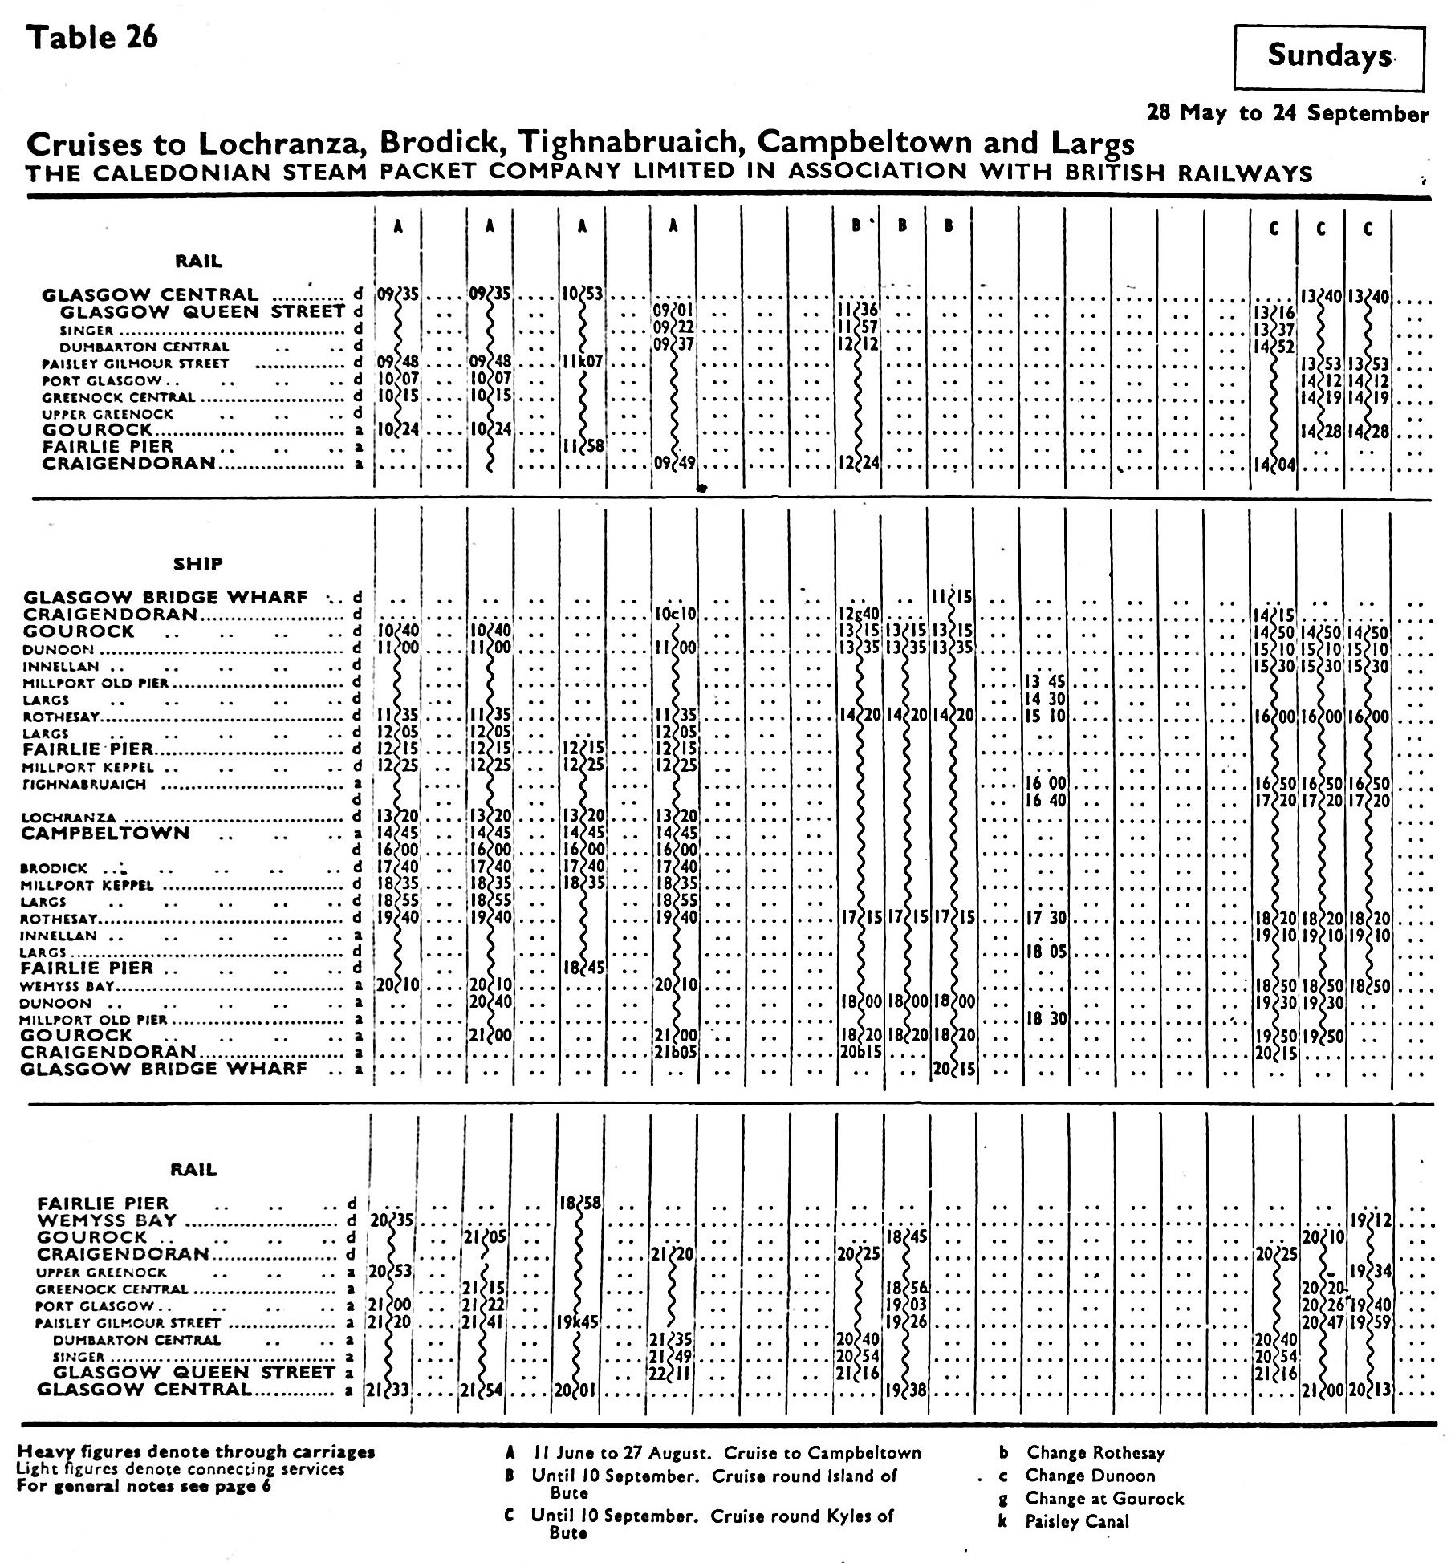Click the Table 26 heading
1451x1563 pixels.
[x=92, y=38]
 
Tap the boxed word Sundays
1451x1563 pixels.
[x=1329, y=55]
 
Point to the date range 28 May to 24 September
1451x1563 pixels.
[x=1287, y=113]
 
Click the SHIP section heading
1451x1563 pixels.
[x=197, y=564]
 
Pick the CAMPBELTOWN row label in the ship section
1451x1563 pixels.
[x=105, y=834]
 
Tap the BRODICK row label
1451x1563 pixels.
[x=54, y=868]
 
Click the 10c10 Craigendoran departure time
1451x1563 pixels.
[x=674, y=615]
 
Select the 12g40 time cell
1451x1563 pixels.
[x=858, y=615]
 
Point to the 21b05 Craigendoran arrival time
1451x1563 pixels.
[x=674, y=1053]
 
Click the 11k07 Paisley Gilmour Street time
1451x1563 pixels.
[x=582, y=363]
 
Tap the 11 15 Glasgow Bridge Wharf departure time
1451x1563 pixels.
[x=953, y=598]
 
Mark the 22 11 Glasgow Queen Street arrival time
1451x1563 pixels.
[x=671, y=1374]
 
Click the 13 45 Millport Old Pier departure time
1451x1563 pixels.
[x=1045, y=683]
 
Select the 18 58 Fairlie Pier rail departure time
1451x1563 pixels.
[x=580, y=1204]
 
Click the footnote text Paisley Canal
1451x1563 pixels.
[x=1077, y=1521]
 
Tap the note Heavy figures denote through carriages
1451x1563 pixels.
[x=196, y=1451]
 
